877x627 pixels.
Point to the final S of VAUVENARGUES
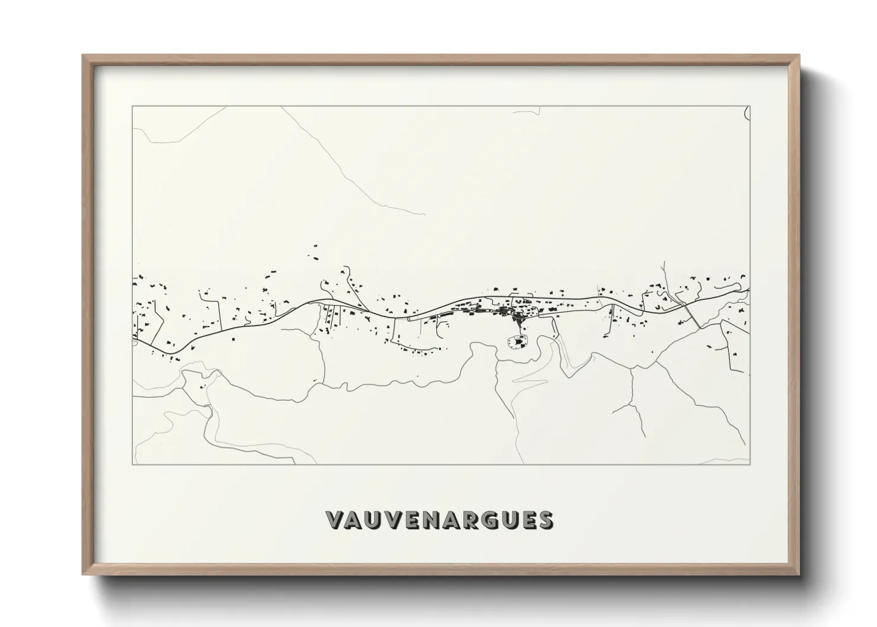click(x=546, y=520)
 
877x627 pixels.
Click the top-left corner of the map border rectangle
click(x=132, y=106)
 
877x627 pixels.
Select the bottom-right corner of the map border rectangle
click(x=750, y=465)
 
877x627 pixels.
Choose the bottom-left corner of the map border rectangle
click(x=132, y=465)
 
